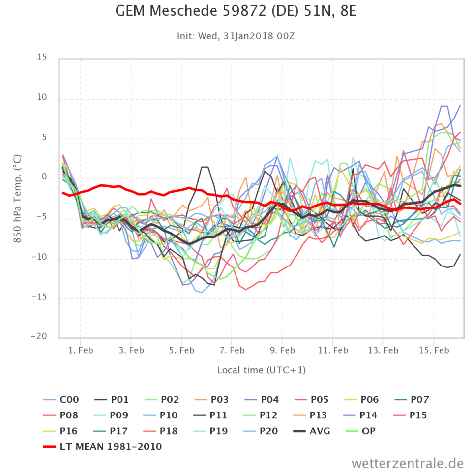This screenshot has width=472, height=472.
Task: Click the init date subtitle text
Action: pyautogui.click(x=236, y=36)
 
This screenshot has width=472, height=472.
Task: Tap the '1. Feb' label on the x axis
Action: pyautogui.click(x=81, y=350)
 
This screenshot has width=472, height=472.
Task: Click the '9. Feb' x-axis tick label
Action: pyautogui.click(x=282, y=350)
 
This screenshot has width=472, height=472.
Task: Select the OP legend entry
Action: pyautogui.click(x=368, y=431)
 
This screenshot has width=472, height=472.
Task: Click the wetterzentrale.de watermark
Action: pyautogui.click(x=408, y=463)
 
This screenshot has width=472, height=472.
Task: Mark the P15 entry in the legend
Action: pyautogui.click(x=419, y=415)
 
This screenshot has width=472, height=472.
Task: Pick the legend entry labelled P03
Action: pyautogui.click(x=219, y=400)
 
